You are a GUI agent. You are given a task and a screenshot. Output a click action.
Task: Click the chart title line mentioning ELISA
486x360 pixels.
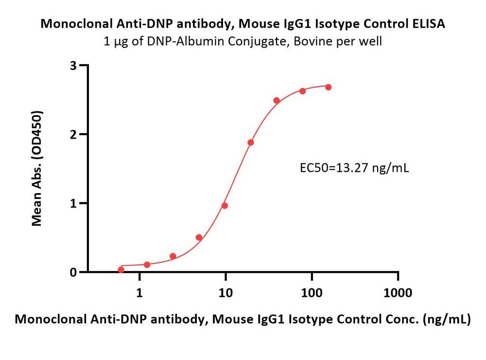click(243, 24)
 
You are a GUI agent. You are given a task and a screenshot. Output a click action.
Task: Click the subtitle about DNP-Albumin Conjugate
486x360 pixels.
click(243, 41)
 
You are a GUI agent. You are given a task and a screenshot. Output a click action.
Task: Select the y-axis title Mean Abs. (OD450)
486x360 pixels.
click(37, 168)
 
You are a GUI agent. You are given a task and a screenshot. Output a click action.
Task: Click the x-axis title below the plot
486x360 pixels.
click(243, 320)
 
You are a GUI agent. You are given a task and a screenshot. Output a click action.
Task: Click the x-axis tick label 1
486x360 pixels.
click(140, 293)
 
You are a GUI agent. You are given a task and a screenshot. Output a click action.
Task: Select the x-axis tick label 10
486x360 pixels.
click(226, 293)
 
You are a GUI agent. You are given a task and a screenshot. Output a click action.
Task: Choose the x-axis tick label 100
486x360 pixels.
click(312, 293)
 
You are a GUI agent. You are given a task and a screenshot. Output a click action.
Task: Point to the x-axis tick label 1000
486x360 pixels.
click(398, 293)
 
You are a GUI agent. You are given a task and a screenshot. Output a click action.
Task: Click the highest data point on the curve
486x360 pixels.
click(328, 87)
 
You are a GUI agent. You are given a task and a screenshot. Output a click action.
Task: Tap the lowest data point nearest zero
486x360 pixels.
click(121, 270)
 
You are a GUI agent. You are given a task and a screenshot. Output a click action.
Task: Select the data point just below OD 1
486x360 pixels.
click(225, 206)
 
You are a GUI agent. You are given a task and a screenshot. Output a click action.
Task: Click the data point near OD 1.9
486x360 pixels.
click(251, 143)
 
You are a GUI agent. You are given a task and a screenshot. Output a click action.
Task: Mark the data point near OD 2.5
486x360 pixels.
click(277, 101)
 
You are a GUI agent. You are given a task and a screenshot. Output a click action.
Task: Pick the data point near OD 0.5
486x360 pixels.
click(199, 237)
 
